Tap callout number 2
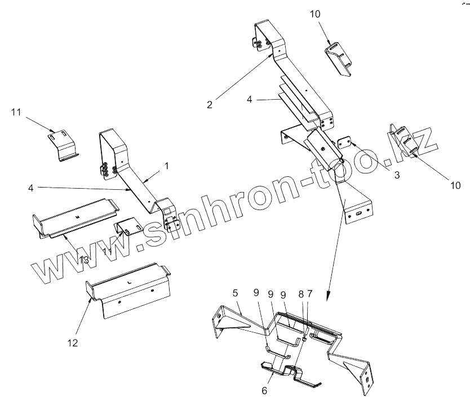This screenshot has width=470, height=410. [210, 104]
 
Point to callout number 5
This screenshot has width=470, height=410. [235, 293]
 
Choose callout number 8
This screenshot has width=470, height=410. [301, 293]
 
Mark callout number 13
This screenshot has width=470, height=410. [83, 259]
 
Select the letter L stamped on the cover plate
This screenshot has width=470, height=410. [130, 280]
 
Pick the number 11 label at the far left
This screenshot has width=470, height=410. [16, 113]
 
